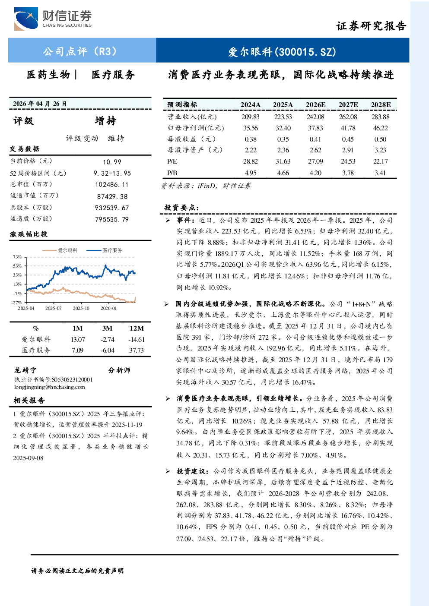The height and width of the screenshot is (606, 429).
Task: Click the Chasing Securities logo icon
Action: (x=26, y=19)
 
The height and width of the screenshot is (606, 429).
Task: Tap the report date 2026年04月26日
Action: (x=40, y=104)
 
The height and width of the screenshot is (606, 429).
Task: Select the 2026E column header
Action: (x=315, y=105)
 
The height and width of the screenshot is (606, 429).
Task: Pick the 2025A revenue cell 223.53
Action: (x=283, y=117)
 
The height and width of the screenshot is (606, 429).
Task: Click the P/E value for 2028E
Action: (x=380, y=161)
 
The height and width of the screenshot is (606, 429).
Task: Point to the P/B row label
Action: (x=172, y=173)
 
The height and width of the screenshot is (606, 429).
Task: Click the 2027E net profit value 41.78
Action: (x=348, y=128)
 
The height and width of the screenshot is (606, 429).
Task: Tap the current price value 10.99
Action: (x=112, y=162)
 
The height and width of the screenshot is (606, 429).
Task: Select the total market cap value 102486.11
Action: (x=111, y=184)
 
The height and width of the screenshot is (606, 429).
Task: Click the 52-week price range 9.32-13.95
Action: (x=112, y=173)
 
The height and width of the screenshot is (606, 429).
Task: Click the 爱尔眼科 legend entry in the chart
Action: (x=60, y=250)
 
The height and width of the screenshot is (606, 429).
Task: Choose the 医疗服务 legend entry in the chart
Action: (x=104, y=250)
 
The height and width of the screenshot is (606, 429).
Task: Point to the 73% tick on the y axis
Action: (x=17, y=257)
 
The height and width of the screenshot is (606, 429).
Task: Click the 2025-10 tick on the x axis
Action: (x=81, y=308)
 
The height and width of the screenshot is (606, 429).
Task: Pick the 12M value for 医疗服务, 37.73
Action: (x=137, y=350)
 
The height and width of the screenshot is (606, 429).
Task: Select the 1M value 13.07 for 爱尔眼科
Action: (x=78, y=339)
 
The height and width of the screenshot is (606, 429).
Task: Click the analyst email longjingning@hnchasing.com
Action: (x=50, y=387)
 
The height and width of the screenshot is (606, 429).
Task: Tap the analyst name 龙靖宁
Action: (x=25, y=370)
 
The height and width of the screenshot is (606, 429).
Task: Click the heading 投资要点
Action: (x=181, y=208)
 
